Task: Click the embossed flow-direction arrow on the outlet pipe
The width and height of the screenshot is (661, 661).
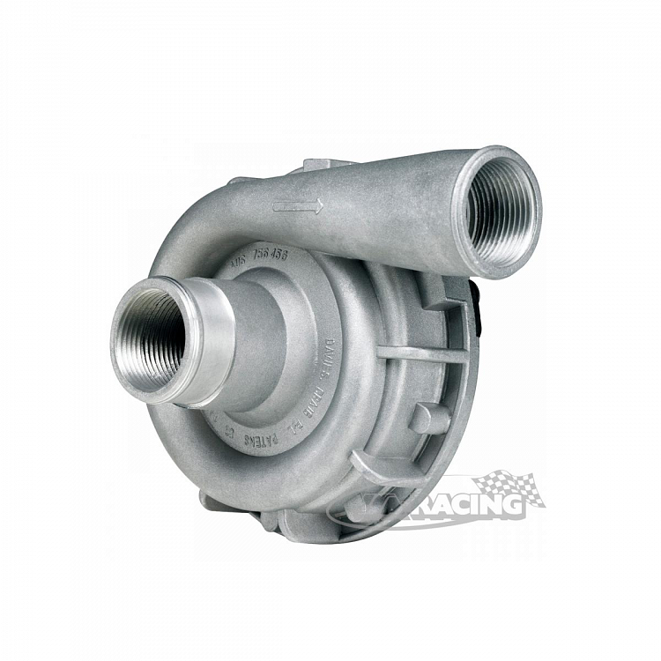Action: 298,206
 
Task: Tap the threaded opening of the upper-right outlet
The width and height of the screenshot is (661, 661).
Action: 498,212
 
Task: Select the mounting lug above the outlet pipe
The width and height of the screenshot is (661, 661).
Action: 326,166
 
